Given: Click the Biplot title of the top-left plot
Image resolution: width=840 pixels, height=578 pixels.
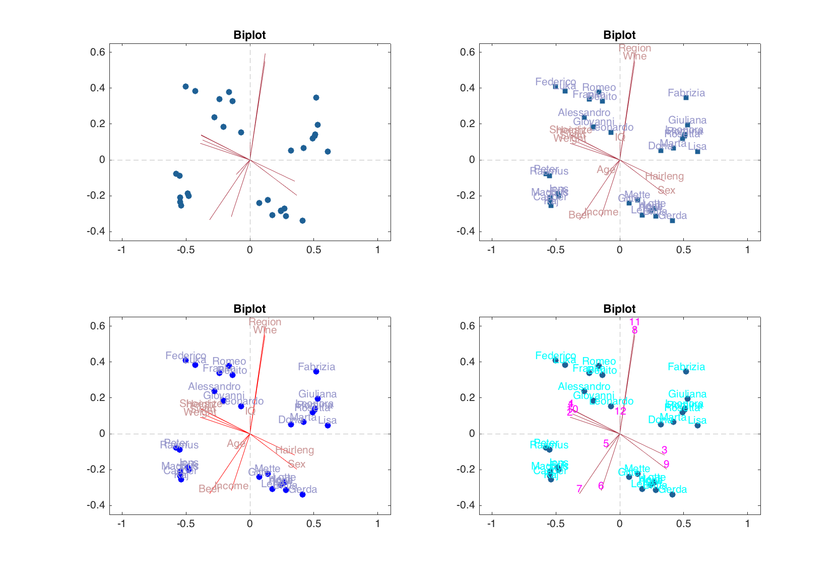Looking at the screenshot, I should (249, 35).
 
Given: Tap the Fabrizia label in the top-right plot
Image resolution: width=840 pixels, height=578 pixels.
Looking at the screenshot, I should (686, 93).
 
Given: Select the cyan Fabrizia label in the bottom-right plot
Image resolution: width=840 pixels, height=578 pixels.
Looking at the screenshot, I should (686, 367).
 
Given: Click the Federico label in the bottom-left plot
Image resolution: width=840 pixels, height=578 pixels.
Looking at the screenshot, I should (186, 356).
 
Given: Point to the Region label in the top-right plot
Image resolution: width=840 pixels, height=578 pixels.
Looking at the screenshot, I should (635, 48).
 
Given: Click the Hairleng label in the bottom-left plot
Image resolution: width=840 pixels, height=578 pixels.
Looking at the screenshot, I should (294, 450).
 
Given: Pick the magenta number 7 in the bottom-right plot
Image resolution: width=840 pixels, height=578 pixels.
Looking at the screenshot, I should (579, 489).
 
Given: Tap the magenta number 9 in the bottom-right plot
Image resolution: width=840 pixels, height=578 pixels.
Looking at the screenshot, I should (666, 464).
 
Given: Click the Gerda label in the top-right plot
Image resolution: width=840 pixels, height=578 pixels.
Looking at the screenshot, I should (673, 215).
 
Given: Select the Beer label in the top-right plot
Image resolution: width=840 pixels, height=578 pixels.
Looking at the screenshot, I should (579, 215).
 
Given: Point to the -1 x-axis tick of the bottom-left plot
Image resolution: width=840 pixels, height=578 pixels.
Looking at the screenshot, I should (121, 524).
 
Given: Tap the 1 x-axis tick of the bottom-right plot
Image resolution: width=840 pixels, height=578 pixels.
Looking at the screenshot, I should (747, 524).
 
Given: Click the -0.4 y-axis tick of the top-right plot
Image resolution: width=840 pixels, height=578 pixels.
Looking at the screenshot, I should (466, 232).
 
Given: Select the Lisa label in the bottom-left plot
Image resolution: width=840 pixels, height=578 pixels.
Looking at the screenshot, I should (328, 420).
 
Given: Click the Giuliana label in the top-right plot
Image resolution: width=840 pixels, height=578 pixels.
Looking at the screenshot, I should (687, 120).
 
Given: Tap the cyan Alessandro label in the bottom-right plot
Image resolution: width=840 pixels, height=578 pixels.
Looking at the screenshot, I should (584, 386).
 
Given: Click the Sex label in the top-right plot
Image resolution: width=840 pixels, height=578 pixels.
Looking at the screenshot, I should (666, 190).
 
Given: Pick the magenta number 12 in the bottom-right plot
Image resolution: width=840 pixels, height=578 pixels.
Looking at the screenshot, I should (620, 411).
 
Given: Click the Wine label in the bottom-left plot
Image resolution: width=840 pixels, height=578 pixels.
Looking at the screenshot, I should (265, 330).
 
